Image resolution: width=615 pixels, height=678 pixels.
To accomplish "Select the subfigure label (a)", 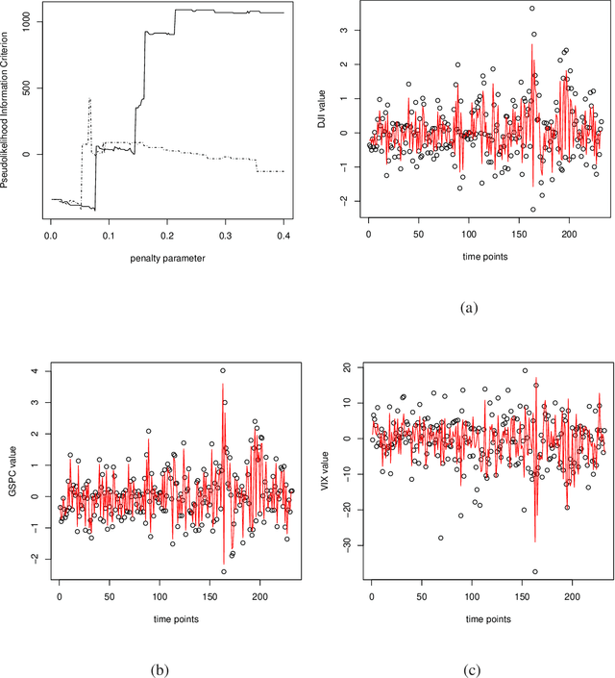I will point(471,308).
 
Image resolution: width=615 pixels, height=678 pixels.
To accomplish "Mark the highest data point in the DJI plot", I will point(531,9).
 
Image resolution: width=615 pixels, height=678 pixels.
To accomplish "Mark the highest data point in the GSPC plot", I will point(222,370).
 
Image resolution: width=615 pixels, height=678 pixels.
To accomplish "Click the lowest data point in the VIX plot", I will point(534,571).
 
